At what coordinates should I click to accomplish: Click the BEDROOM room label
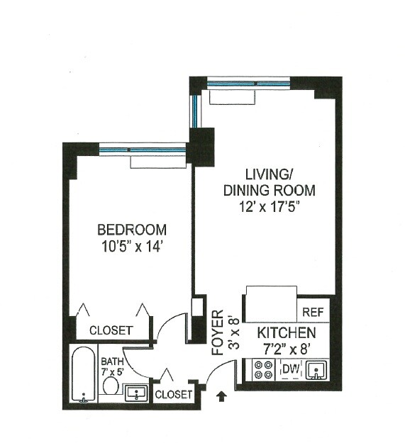point(132,230)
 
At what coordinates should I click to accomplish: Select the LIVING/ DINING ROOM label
point(269,182)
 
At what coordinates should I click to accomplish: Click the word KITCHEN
point(287,333)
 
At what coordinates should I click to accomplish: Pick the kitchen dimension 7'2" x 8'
point(287,348)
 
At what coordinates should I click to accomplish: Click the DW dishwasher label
point(291,369)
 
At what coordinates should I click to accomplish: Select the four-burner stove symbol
point(263,369)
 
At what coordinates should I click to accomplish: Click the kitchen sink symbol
point(317,369)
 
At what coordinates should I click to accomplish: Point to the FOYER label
point(218,332)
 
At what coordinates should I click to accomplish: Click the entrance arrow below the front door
point(222,396)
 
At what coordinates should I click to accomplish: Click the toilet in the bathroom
point(110,385)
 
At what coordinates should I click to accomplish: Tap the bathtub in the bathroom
point(84,374)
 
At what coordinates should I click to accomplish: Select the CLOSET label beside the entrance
point(174,394)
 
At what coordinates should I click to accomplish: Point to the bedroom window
point(143,150)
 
